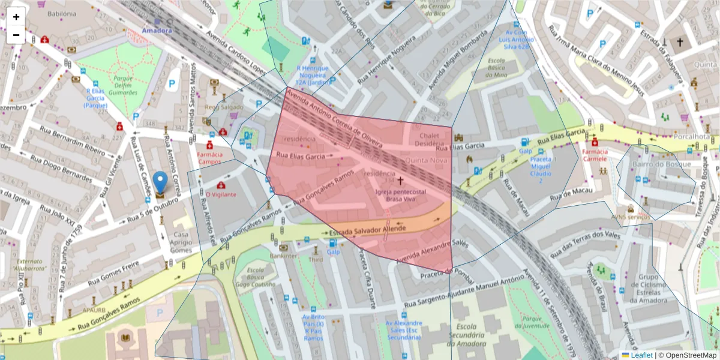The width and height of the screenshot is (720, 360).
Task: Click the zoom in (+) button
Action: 16,17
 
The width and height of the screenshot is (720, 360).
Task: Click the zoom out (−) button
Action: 16,35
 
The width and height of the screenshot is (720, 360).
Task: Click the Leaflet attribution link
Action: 641,355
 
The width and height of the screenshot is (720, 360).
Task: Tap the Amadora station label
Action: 157,30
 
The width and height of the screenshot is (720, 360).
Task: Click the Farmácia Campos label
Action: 210,158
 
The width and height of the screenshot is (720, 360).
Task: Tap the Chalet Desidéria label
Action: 431,140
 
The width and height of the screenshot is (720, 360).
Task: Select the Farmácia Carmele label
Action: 595,155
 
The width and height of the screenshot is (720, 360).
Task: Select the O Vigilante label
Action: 221,194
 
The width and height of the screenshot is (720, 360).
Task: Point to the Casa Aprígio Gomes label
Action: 181,242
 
